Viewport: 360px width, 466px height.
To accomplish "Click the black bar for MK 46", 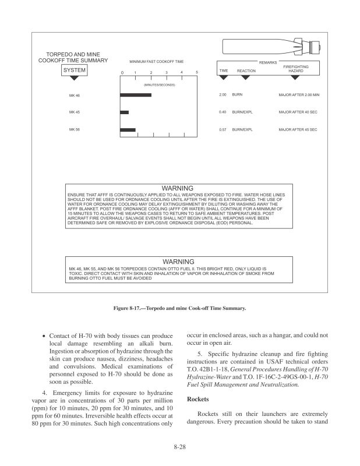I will [x=135, y=95].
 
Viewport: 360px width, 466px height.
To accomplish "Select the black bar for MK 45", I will [x=124, y=112].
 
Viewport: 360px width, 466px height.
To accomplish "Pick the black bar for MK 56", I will [x=128, y=129].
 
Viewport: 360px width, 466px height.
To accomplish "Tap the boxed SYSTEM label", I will [x=75, y=70].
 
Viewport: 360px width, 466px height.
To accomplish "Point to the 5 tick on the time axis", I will [x=197, y=72].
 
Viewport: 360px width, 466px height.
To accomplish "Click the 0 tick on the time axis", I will [x=122, y=72].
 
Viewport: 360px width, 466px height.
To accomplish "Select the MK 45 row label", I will [x=74, y=112].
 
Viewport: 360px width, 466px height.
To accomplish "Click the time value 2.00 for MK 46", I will [x=222, y=94].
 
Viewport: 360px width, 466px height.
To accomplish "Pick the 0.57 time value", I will [x=222, y=129].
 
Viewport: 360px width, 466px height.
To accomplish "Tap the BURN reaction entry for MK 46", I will [x=237, y=94].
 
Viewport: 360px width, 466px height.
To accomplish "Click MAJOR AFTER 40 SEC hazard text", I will [x=298, y=112].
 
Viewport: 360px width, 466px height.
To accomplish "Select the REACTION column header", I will [x=246, y=70].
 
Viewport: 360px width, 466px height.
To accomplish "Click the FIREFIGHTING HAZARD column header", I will [x=295, y=69].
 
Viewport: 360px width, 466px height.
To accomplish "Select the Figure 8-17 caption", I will [x=180, y=307].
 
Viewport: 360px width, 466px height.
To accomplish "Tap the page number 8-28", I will [x=180, y=447].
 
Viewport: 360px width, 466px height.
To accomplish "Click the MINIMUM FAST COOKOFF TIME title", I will [x=156, y=61].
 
